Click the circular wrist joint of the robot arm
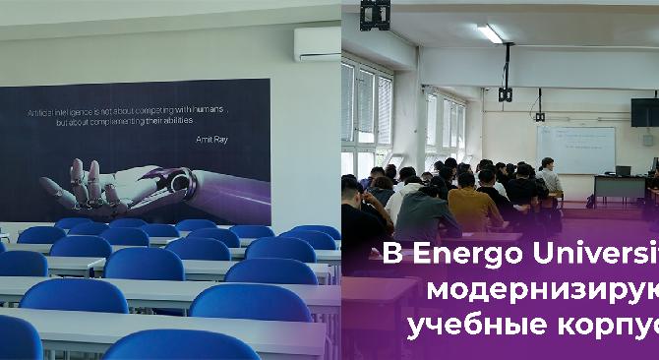[179, 181]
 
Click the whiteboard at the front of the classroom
[574, 149]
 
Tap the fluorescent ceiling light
[489, 33]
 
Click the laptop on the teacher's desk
[623, 170]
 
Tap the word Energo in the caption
[447, 258]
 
